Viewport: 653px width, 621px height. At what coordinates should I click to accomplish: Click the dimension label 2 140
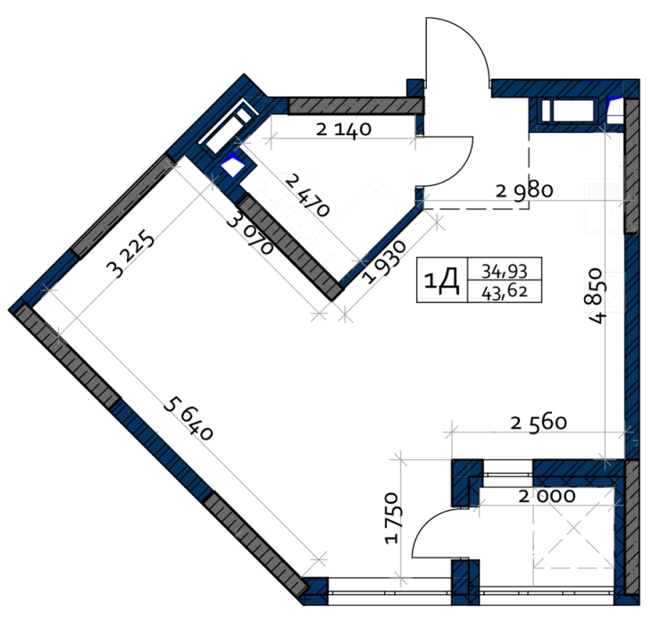(344, 130)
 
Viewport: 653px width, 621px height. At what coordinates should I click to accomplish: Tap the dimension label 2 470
(308, 196)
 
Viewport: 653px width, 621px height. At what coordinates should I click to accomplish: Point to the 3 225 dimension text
(130, 254)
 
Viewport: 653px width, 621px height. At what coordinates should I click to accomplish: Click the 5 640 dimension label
(188, 418)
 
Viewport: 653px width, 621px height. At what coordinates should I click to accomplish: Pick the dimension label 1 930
(383, 263)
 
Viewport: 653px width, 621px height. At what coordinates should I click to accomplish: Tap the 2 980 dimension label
(524, 191)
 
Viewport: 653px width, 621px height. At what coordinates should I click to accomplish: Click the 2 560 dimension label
(539, 423)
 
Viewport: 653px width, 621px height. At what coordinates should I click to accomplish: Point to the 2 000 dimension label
(547, 496)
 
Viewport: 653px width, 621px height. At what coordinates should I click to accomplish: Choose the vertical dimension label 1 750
(392, 517)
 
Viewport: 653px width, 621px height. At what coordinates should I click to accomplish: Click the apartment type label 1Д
(442, 281)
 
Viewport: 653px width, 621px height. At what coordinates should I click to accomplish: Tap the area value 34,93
(505, 272)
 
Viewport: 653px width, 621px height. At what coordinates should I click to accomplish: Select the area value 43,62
(505, 292)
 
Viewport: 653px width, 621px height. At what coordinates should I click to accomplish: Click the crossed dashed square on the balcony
(573, 528)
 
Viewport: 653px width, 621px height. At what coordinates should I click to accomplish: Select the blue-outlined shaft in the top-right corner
(616, 111)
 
